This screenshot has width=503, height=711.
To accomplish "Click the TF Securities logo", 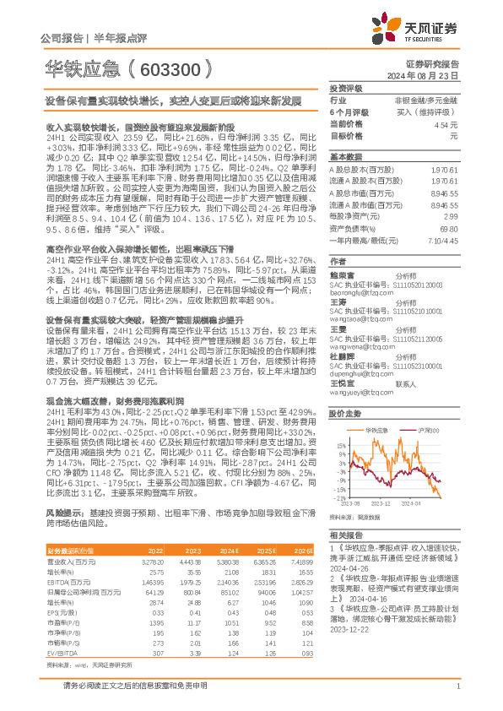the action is point(438,30).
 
